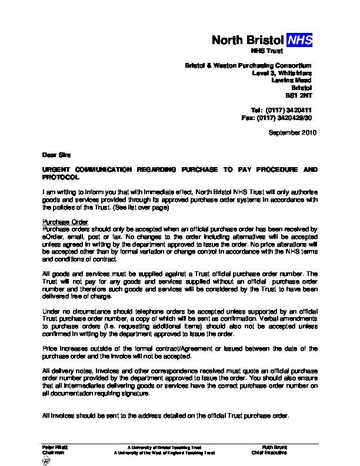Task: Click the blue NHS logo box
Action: point(299,40)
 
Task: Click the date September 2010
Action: point(292,133)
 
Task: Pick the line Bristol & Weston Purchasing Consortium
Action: point(248,64)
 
